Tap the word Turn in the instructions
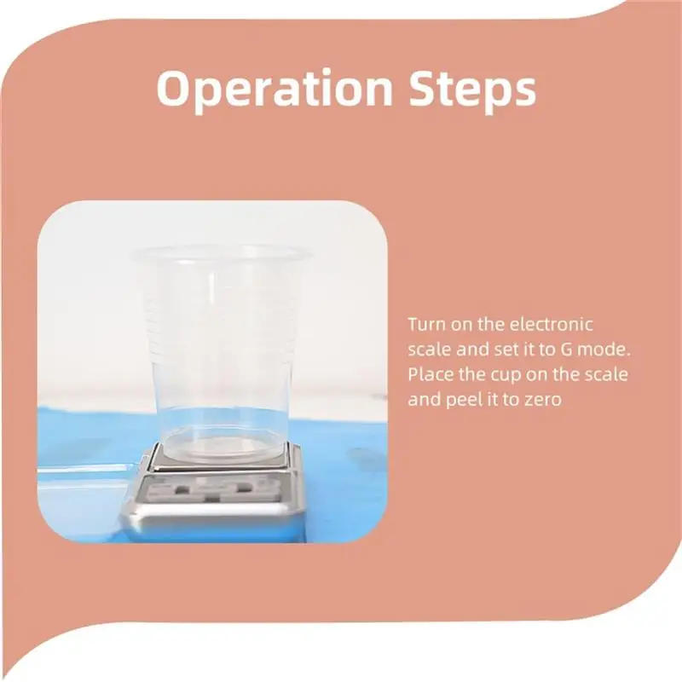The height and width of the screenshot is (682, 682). coord(425,324)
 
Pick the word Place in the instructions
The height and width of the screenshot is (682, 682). coord(428,373)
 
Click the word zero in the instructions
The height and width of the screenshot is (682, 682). coord(543,399)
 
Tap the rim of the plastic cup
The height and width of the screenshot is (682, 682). coord(221,252)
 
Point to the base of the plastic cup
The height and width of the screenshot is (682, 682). coord(221,448)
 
